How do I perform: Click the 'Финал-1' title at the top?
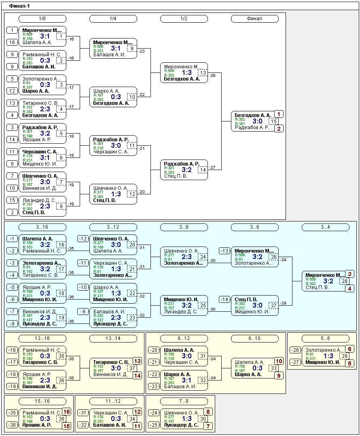pos(19,6)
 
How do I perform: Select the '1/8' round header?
pos(42,19)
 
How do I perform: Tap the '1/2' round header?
pos(184,19)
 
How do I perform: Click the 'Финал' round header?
pos(254,19)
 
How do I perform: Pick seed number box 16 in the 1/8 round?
pos(12,43)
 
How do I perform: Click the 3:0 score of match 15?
pos(257,121)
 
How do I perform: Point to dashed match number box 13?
pos(203,73)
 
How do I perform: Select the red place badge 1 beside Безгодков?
pos(279,114)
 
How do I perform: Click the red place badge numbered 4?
pos(349,289)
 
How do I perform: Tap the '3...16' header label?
pos(42,227)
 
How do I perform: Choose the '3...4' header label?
pos(325,227)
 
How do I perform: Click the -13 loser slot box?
pos(224,251)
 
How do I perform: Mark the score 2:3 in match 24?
pos(186,257)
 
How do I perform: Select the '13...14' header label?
pos(113,338)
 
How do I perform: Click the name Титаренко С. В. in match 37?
pos(111,362)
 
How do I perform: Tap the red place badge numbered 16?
pos(66,412)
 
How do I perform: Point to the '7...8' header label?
pos(184,401)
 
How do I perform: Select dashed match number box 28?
pos(344,281)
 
